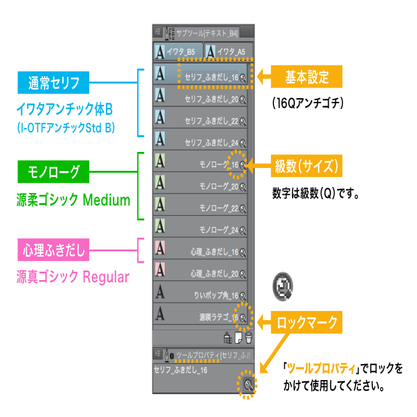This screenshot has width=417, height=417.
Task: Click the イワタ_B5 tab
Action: point(178,52)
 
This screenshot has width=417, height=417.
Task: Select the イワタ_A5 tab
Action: point(228,52)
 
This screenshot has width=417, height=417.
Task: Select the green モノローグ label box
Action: point(54,172)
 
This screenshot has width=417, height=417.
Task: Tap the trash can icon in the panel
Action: point(248,337)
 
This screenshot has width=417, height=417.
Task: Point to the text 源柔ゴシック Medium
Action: point(73,200)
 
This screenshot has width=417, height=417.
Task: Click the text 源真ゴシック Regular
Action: point(73,277)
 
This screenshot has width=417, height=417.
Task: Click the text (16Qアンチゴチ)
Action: point(307,103)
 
